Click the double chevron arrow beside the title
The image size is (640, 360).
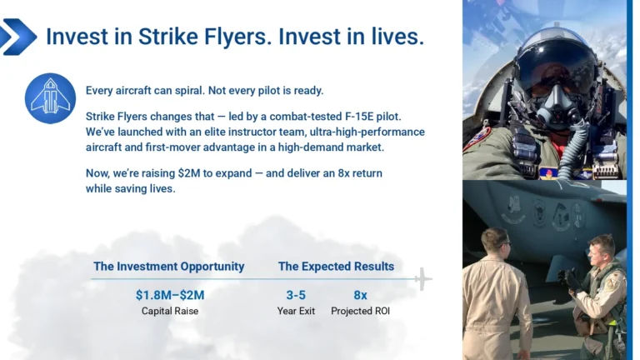[x=18, y=37]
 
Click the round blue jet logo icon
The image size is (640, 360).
[x=50, y=97]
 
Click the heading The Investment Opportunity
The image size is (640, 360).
[x=168, y=267]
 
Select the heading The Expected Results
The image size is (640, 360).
[x=336, y=267]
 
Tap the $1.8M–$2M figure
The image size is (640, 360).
[x=169, y=295]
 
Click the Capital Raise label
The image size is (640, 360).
[x=169, y=311]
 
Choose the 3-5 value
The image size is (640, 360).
[x=296, y=295]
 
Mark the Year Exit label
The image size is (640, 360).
[x=296, y=311]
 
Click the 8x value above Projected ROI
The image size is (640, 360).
[x=360, y=295]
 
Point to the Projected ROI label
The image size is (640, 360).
[x=360, y=311]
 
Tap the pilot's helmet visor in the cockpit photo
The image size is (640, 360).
[x=555, y=62]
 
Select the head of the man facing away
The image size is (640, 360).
[x=494, y=244]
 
